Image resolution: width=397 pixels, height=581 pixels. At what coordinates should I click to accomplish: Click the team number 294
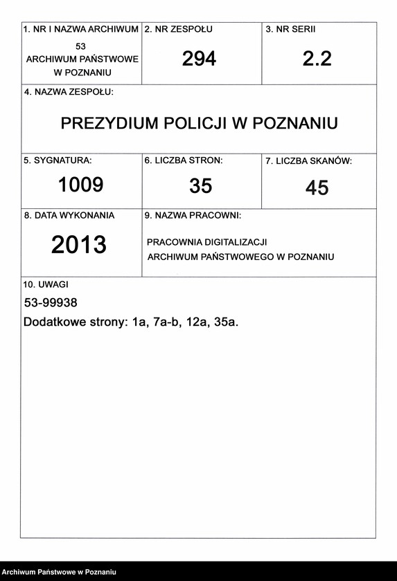coord(199,59)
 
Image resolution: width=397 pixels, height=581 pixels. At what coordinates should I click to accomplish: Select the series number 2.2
coord(317,59)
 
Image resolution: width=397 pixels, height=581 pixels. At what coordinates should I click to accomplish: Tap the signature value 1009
coord(80,185)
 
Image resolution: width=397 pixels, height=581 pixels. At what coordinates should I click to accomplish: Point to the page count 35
coord(200,185)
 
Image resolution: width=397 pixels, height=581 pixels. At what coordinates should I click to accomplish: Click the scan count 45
coord(317,187)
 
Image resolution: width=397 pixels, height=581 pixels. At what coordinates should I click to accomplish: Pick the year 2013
coord(79,244)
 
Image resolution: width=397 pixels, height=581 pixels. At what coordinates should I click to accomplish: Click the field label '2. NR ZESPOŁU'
coord(178,30)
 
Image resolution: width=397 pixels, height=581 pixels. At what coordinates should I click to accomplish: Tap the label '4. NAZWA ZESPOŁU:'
coord(69,91)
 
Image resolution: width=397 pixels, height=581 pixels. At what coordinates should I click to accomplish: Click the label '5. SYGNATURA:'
coord(58,160)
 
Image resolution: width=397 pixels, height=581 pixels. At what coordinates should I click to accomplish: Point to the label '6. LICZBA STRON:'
coord(184,160)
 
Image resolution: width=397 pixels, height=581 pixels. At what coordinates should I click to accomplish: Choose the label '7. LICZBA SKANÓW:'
coord(308,161)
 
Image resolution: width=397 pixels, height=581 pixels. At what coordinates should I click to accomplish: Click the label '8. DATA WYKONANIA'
coord(69,215)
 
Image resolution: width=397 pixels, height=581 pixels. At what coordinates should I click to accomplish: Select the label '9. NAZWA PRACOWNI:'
coord(193,216)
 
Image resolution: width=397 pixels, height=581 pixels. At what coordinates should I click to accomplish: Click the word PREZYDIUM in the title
coord(109,123)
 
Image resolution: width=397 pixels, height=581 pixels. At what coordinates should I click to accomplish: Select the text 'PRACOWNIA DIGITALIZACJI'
coord(207,242)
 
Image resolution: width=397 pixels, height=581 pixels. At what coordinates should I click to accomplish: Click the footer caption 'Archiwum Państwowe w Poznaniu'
coord(59,572)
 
